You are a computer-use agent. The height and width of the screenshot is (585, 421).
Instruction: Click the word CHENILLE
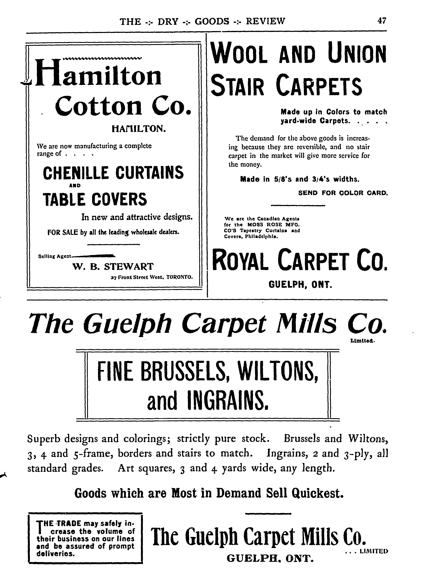click(76, 173)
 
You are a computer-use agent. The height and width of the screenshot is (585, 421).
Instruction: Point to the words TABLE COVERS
click(95, 200)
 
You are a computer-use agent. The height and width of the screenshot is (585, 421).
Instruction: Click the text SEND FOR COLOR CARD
click(343, 193)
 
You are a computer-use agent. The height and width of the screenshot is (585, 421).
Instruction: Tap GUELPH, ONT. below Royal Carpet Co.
click(300, 285)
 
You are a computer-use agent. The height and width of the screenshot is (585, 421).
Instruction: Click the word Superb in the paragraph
click(44, 438)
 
